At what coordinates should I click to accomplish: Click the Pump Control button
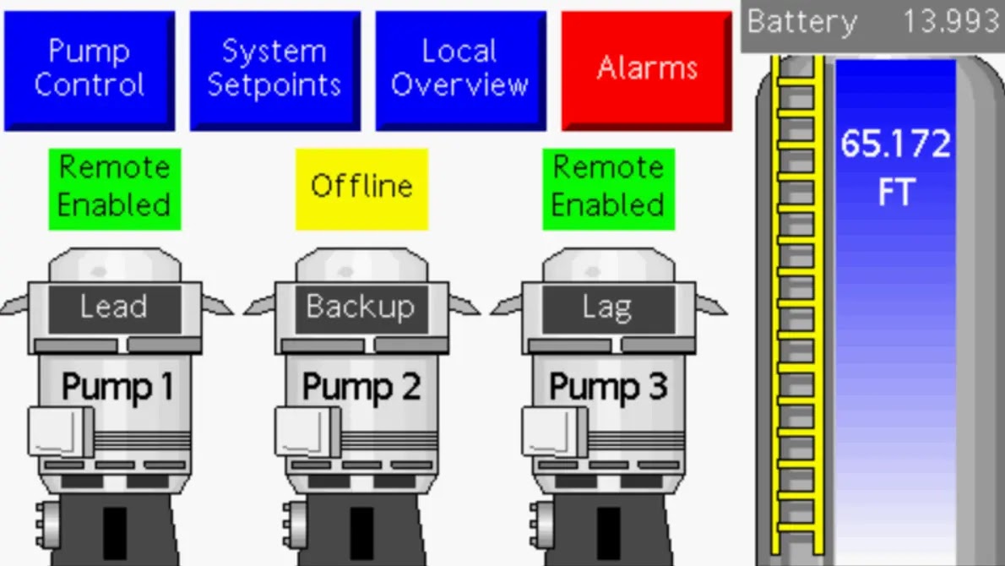pyautogui.click(x=89, y=71)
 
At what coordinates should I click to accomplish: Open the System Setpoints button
pyautogui.click(x=275, y=71)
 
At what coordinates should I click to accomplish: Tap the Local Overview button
pyautogui.click(x=461, y=71)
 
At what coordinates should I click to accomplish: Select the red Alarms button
pyautogui.click(x=647, y=71)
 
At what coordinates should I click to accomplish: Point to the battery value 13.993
pyautogui.click(x=951, y=22)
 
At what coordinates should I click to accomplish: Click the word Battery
pyautogui.click(x=801, y=23)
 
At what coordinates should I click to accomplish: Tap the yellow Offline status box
pyautogui.click(x=361, y=189)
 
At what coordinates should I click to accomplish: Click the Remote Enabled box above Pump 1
pyautogui.click(x=115, y=189)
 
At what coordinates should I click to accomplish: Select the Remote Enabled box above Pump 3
pyautogui.click(x=608, y=189)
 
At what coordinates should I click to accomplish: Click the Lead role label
pyautogui.click(x=114, y=307)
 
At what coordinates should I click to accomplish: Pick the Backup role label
pyautogui.click(x=361, y=307)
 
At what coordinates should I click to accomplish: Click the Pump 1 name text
pyautogui.click(x=118, y=387)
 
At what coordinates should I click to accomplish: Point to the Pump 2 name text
pyautogui.click(x=361, y=387)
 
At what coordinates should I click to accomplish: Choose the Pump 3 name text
pyautogui.click(x=608, y=387)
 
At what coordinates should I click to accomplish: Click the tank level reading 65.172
pyautogui.click(x=895, y=144)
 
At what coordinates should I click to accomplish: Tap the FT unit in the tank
pyautogui.click(x=896, y=193)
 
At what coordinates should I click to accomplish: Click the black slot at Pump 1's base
pyautogui.click(x=115, y=533)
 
